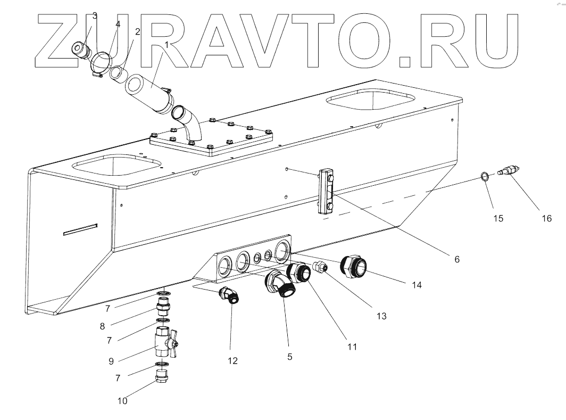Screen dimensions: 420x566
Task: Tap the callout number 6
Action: (x=456, y=259)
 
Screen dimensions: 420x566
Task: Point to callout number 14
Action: (x=416, y=285)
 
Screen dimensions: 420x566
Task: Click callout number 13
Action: (x=381, y=315)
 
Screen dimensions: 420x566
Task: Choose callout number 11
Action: (x=352, y=346)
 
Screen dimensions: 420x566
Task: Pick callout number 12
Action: (x=232, y=360)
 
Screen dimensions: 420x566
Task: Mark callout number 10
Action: (x=122, y=401)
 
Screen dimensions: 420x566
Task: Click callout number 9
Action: (x=111, y=361)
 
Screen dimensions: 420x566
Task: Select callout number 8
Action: (x=102, y=326)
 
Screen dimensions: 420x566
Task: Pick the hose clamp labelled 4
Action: (x=101, y=63)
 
